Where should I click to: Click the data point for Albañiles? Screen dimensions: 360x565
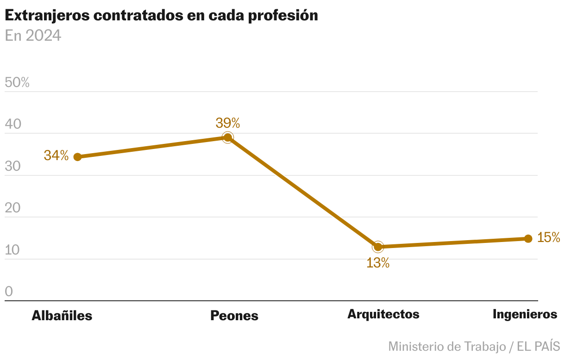78,157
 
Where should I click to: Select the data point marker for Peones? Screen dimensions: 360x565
227,137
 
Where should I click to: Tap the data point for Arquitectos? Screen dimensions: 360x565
378,247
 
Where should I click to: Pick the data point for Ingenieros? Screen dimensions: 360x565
528,239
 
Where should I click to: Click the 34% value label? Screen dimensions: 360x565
56,155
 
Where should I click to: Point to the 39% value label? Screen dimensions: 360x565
227,123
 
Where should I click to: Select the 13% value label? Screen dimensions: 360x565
378,263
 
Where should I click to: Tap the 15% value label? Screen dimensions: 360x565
549,238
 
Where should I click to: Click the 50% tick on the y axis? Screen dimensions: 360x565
17,83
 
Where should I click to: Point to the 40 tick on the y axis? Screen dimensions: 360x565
13,124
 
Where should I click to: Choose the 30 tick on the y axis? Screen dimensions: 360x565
13,167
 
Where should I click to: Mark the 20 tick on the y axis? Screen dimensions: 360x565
13,208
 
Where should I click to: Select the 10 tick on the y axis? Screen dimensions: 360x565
13,250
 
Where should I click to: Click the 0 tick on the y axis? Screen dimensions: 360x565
9,292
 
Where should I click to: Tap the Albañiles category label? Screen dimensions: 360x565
62,316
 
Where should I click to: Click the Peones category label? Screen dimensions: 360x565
234,316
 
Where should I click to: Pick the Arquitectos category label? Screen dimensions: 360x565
383,314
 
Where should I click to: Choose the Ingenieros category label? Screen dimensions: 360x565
525,314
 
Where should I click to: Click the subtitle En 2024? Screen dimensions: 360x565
33,36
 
